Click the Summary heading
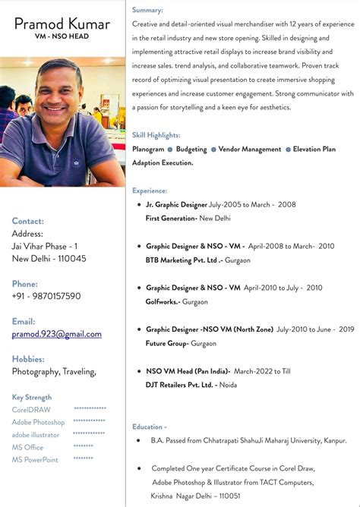147,10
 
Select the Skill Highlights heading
156,135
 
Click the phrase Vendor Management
250,150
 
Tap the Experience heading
150,191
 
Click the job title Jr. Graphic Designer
176,205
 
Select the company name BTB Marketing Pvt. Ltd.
182,260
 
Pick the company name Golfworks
163,301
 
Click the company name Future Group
167,343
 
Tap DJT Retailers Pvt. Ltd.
181,385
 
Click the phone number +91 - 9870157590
46,296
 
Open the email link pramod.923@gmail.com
57,334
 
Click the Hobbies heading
28,359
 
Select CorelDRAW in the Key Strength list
31,410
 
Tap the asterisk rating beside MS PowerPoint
84,459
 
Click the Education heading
149,427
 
